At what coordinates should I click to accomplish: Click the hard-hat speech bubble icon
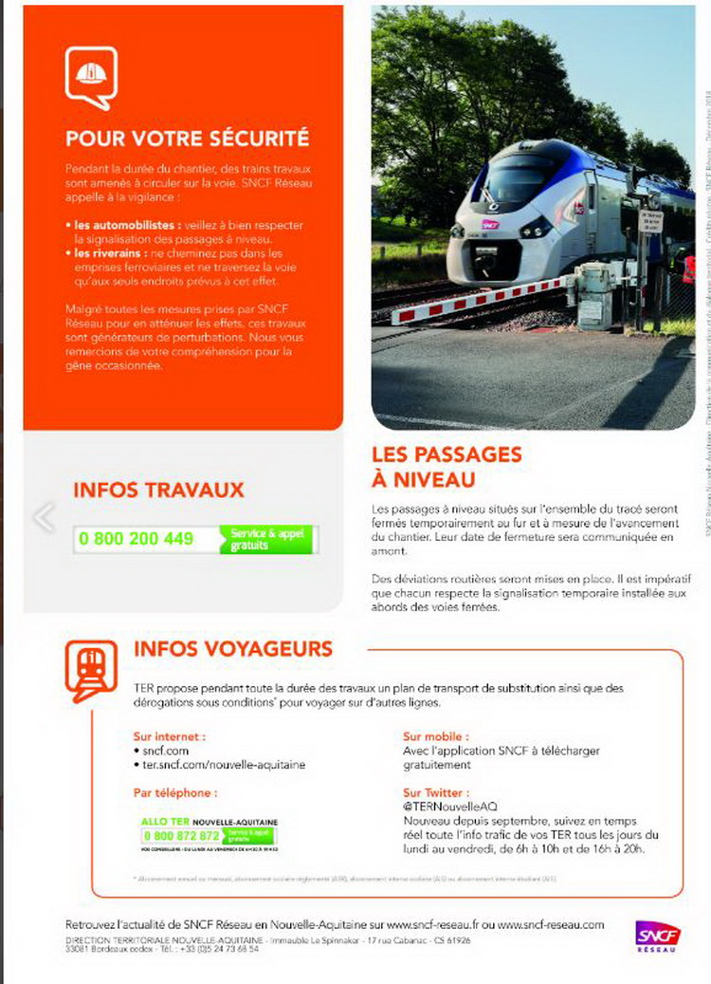[x=91, y=78]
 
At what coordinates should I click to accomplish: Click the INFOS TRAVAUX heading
[x=158, y=490]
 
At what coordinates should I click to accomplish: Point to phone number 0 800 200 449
[x=137, y=539]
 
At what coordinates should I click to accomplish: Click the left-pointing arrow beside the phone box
[x=44, y=517]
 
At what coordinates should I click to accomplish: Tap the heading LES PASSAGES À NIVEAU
[x=446, y=467]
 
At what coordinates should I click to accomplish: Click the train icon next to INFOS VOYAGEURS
[x=91, y=670]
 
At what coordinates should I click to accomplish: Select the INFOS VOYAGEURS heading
[x=233, y=649]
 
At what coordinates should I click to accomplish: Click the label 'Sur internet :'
[x=169, y=735]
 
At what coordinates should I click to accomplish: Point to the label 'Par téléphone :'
[x=174, y=792]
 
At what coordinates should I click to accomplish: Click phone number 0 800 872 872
[x=180, y=836]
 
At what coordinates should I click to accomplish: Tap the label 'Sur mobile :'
[x=435, y=735]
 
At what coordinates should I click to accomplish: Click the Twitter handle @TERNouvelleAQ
[x=450, y=806]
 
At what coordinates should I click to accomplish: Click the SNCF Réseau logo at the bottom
[x=654, y=935]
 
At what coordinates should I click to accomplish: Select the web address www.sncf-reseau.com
[x=550, y=924]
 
